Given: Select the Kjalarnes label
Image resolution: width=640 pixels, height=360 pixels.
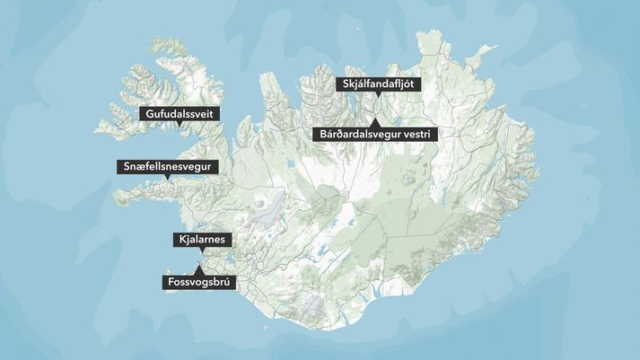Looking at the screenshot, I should click(202, 240).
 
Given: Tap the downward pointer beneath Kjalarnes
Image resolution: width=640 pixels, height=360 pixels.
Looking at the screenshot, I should click(202, 250).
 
